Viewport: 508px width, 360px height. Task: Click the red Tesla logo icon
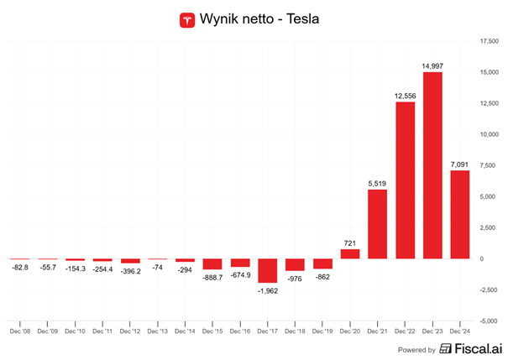click(x=187, y=18)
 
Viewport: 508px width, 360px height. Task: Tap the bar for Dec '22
click(x=405, y=180)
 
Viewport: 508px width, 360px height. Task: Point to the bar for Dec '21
click(x=377, y=224)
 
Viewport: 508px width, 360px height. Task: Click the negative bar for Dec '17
click(x=267, y=270)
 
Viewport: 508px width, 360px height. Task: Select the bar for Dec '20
click(x=349, y=253)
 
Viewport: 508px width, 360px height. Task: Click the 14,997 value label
click(x=432, y=65)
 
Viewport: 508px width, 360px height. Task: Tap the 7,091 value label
click(x=460, y=164)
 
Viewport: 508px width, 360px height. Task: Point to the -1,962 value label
click(x=267, y=290)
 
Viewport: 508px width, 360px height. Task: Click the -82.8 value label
click(x=19, y=268)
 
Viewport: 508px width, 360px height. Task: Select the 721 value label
click(x=349, y=243)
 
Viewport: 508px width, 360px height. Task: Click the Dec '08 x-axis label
click(x=19, y=331)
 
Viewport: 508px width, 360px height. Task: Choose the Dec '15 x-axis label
click(x=212, y=331)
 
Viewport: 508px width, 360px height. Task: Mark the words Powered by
click(x=418, y=349)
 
